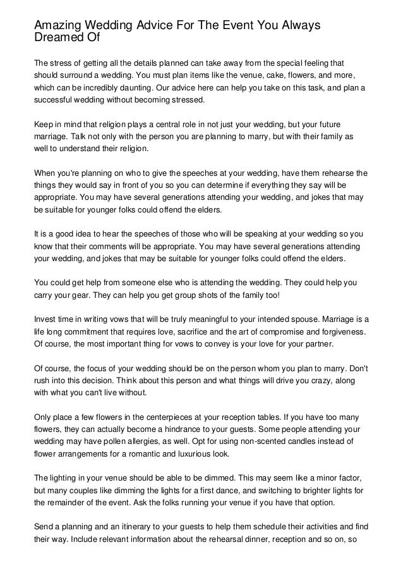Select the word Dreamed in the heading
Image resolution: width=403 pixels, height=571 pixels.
pos(58,37)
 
